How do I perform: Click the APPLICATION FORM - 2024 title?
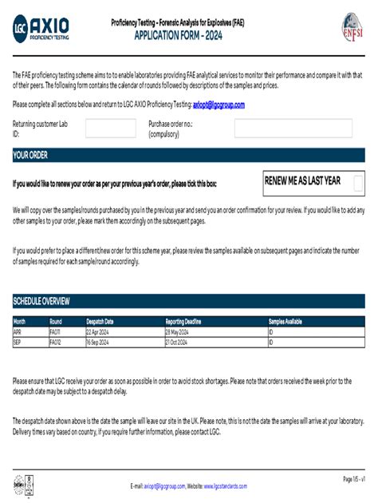click(x=188, y=37)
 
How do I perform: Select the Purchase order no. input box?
click(x=293, y=129)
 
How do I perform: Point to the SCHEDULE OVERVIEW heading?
click(x=41, y=301)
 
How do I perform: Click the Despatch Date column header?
click(x=100, y=322)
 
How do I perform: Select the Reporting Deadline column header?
click(x=187, y=322)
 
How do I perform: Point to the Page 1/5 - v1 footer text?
click(x=353, y=478)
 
